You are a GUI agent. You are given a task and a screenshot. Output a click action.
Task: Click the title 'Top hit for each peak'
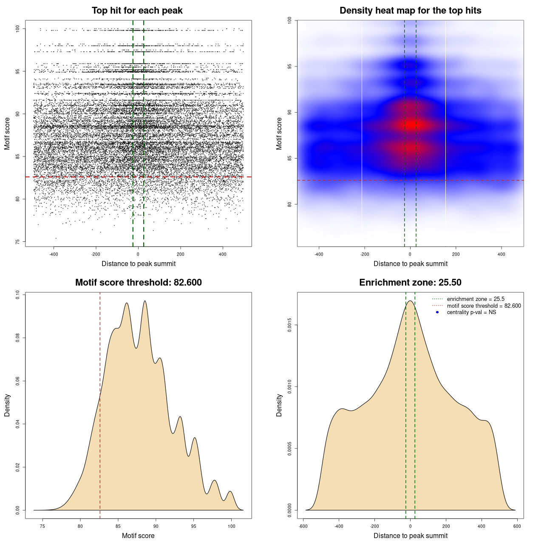(137, 11)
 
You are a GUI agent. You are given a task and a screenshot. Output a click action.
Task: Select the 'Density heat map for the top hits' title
(410, 11)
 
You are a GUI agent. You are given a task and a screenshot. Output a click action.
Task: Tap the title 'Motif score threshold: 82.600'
(138, 283)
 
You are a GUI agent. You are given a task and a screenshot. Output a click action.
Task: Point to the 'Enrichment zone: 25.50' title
(410, 283)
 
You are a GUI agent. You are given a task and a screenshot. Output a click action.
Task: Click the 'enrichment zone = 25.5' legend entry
(476, 299)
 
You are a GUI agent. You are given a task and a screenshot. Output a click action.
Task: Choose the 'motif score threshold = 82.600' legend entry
(484, 306)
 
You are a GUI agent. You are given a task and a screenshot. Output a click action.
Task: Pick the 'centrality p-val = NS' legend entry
(471, 312)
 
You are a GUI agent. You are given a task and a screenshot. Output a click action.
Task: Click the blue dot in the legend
(437, 312)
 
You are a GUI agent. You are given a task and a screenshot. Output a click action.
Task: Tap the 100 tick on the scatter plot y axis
(18, 29)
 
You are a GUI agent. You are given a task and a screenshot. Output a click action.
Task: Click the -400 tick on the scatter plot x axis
(54, 254)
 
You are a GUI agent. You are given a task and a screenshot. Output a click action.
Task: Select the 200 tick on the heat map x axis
(456, 254)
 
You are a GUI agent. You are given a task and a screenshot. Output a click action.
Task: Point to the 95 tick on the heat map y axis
(290, 66)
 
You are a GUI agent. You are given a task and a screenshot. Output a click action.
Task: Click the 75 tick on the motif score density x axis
(42, 526)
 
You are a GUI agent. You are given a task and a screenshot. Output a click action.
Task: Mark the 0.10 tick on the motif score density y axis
(18, 295)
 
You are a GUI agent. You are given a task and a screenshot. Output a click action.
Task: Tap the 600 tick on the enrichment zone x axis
(517, 526)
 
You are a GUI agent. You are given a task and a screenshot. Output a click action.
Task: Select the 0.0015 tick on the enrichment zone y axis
(290, 325)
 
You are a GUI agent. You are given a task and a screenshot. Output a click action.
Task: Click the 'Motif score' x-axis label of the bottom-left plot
(138, 535)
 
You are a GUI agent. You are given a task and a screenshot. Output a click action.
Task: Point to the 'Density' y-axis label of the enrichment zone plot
(279, 405)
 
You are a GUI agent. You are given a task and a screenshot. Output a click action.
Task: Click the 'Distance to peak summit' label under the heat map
(410, 263)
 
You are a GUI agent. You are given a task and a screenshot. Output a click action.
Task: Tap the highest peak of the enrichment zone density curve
(410, 301)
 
